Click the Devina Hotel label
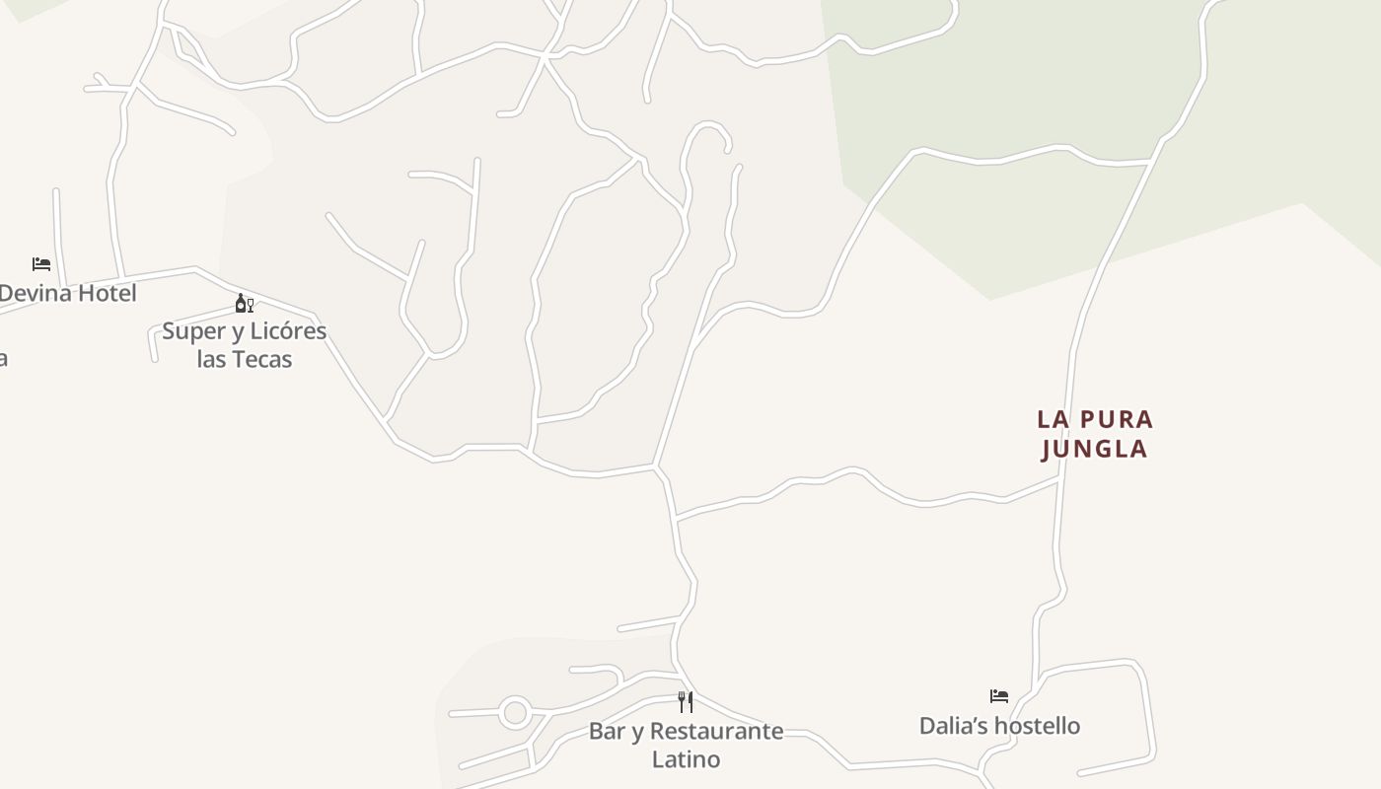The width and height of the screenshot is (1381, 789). click(67, 293)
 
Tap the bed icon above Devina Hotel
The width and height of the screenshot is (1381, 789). click(41, 264)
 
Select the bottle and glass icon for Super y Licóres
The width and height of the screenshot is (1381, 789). click(244, 304)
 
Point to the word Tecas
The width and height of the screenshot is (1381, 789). click(262, 359)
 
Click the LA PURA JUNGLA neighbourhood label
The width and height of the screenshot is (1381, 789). click(1095, 434)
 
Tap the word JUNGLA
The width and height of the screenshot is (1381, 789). click(1095, 449)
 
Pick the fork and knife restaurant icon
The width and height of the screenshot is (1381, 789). click(686, 702)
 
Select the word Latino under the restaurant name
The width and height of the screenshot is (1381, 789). click(686, 759)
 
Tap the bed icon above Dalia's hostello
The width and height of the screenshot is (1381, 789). click(999, 696)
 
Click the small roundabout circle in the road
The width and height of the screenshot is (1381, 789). click(515, 712)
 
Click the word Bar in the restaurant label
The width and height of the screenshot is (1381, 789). click(607, 732)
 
